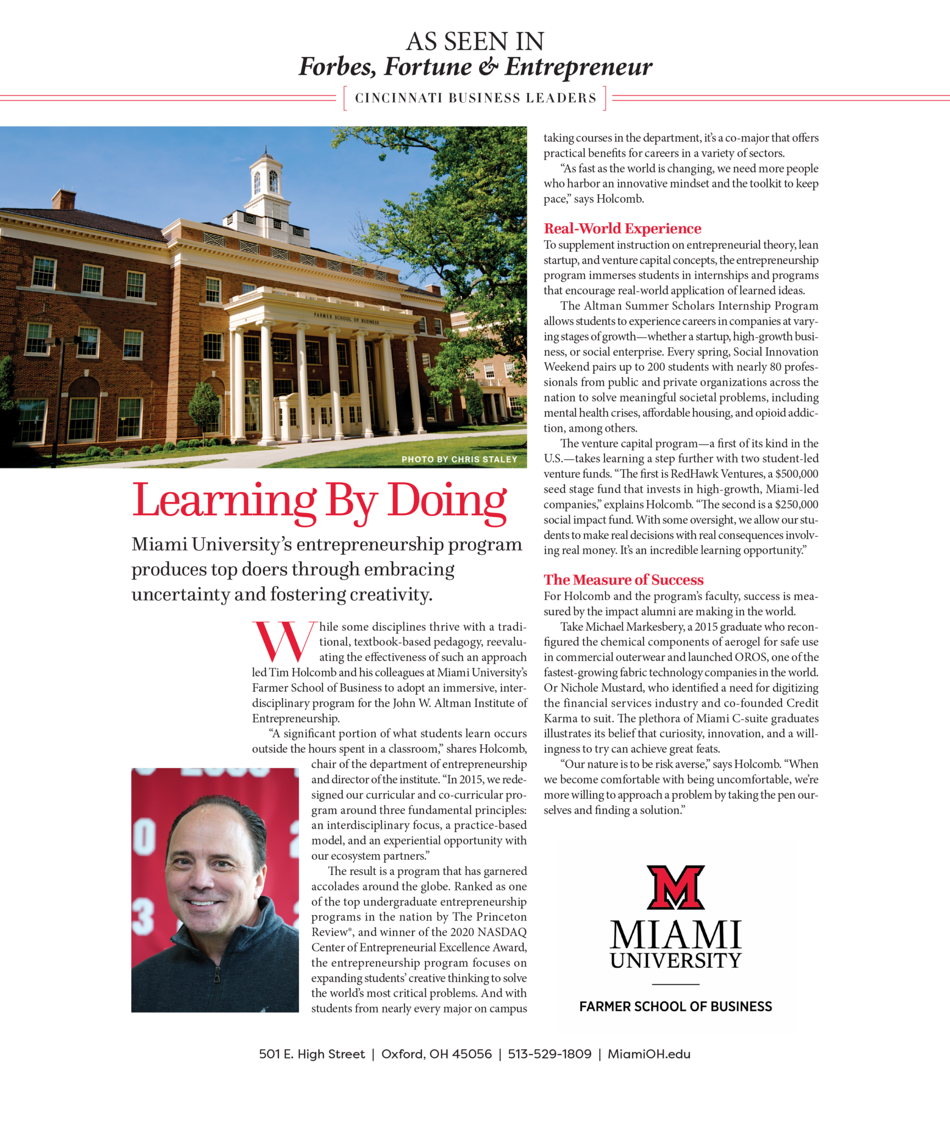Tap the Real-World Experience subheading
pyautogui.click(x=622, y=229)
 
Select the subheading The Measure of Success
pyautogui.click(x=623, y=580)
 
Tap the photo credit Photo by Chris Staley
pyautogui.click(x=459, y=459)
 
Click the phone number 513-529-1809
pyautogui.click(x=549, y=1054)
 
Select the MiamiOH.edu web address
pyautogui.click(x=649, y=1054)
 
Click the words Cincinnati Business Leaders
pyautogui.click(x=475, y=98)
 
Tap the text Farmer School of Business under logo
pyautogui.click(x=675, y=1006)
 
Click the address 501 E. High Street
pyautogui.click(x=312, y=1054)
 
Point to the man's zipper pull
pyautogui.click(x=217, y=976)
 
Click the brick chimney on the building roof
pyautogui.click(x=64, y=199)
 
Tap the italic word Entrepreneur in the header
pyautogui.click(x=578, y=67)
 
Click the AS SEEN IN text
pyautogui.click(x=475, y=42)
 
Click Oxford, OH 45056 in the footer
pyautogui.click(x=436, y=1054)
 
